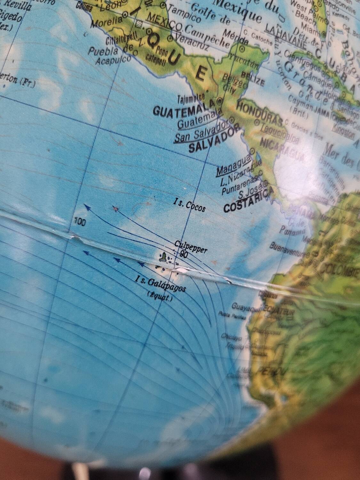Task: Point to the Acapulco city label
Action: click(x=113, y=60)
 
